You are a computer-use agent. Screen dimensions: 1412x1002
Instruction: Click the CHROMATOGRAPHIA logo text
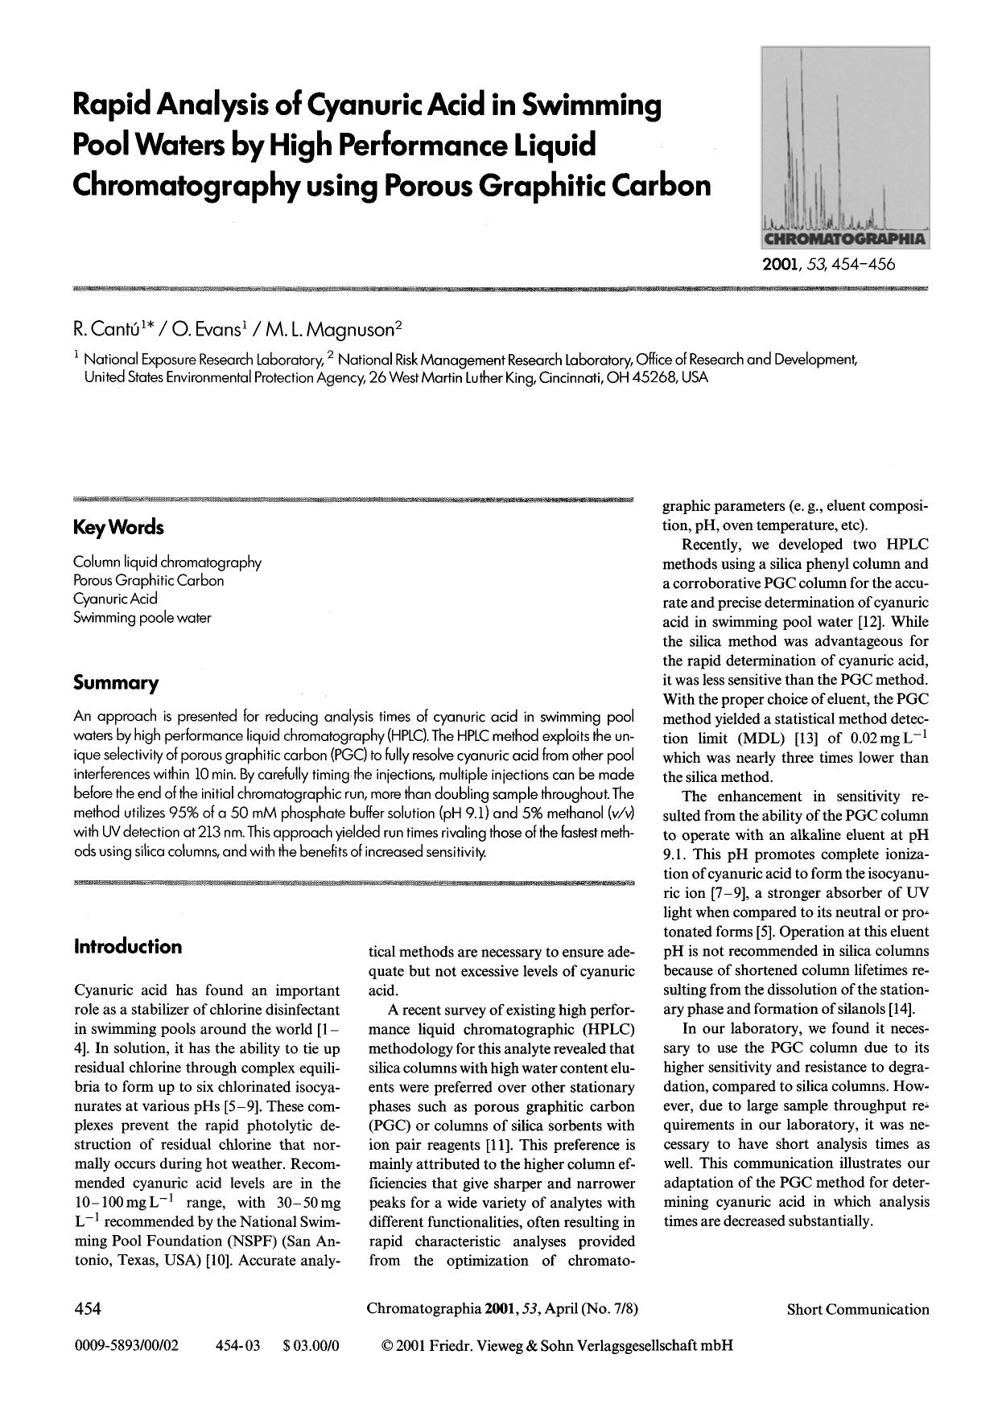pyautogui.click(x=844, y=240)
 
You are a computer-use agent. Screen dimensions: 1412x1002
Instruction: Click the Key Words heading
pyautogui.click(x=118, y=528)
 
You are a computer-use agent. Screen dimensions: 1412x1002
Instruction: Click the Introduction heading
pyautogui.click(x=128, y=946)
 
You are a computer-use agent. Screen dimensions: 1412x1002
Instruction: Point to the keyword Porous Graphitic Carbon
pyautogui.click(x=148, y=580)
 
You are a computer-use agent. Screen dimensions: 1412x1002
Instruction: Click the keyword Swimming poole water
pyautogui.click(x=142, y=618)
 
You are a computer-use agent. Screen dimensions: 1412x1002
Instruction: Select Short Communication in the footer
pyautogui.click(x=857, y=1309)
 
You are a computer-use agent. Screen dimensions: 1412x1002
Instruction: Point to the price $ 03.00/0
pyautogui.click(x=312, y=1344)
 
